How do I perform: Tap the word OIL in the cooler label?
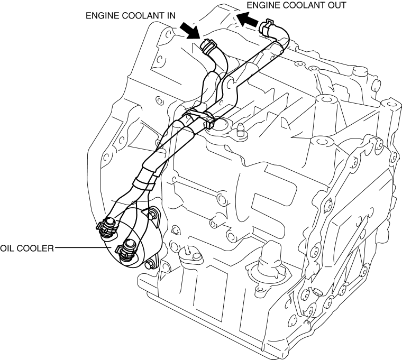(7, 247)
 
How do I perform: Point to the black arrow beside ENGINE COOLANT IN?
(189, 29)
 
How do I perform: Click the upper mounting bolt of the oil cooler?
(153, 215)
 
